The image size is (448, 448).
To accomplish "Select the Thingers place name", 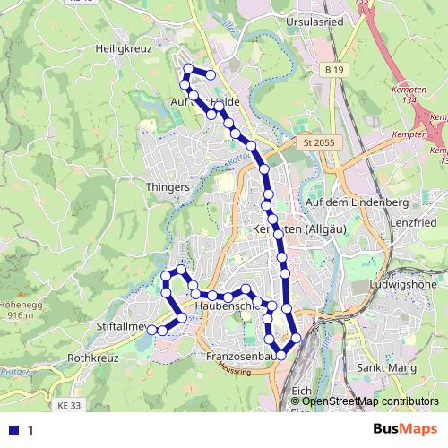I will point(167,187).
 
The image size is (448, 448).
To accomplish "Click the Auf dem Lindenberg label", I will point(345,202).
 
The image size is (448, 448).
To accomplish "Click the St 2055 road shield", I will point(318,142).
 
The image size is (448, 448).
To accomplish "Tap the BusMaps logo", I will point(406,430).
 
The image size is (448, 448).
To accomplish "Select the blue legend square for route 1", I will point(13,430).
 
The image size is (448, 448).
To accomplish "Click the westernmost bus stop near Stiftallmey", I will point(151,330).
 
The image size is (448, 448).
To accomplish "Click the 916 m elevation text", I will point(20,315).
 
